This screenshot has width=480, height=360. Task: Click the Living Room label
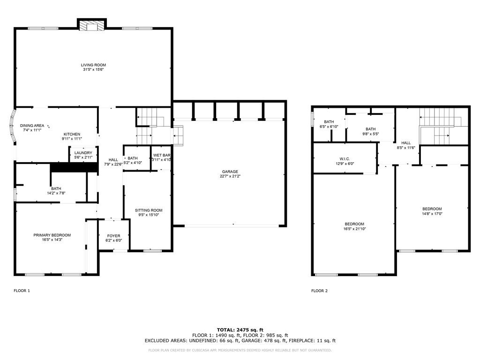[x=93, y=65]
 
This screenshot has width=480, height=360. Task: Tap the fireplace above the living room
[x=91, y=25]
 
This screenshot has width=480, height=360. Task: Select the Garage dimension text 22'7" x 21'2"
[x=230, y=176]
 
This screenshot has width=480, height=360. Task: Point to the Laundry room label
[x=83, y=153]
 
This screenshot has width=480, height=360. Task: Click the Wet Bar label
[x=162, y=155]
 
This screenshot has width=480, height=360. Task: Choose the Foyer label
[x=113, y=236]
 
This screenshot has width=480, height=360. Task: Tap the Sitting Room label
[x=149, y=210]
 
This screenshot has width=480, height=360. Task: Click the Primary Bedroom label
[x=52, y=235]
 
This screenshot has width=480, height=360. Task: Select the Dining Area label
[x=32, y=126]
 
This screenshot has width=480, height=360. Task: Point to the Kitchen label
[x=72, y=134]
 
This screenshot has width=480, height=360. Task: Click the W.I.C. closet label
[x=345, y=159]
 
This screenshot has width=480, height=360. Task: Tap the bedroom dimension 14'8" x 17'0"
[x=432, y=214]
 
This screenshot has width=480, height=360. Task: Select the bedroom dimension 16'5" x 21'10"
[x=354, y=229]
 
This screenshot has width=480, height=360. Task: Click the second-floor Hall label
[x=406, y=143]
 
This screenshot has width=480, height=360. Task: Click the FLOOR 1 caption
[x=22, y=291]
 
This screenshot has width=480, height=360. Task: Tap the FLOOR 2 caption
[x=319, y=291]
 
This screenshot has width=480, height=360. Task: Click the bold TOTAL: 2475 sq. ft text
[x=240, y=330]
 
